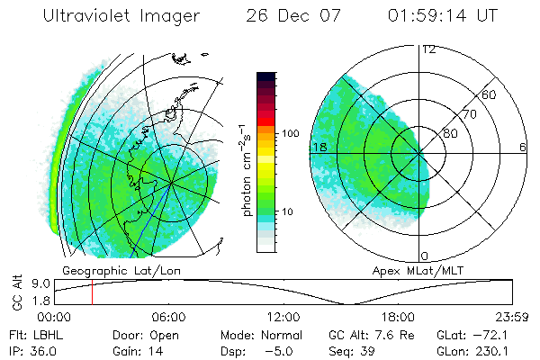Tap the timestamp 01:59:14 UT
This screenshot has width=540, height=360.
(x=441, y=16)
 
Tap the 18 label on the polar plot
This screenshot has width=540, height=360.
(x=319, y=147)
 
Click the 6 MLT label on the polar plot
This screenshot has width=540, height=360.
(x=522, y=147)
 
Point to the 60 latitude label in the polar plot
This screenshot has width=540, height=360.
(x=490, y=95)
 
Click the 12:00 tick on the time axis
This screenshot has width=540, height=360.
(x=283, y=317)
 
